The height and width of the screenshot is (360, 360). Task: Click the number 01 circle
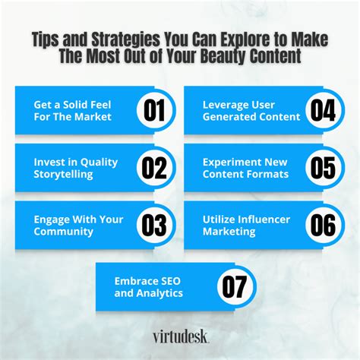tap(156, 110)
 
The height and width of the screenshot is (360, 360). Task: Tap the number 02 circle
tap(156, 167)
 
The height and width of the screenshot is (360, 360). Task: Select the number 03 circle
tap(156, 226)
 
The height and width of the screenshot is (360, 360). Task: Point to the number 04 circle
tap(323, 110)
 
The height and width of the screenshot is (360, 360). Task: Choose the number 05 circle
tap(323, 167)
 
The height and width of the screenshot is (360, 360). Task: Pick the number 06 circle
tap(323, 226)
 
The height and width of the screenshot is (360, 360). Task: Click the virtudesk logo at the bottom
tap(179, 335)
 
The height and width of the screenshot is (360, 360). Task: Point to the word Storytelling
tap(63, 175)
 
